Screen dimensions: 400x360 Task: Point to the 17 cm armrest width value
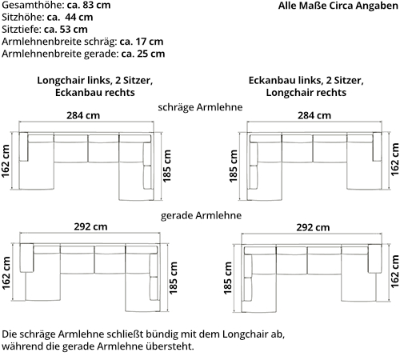149,42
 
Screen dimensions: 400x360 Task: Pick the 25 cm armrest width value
151,54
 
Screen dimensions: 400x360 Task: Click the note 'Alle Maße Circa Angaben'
338,6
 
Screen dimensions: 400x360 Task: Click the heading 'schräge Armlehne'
200,107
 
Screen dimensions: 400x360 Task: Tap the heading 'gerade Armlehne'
201,215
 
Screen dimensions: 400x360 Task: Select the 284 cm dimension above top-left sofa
83,115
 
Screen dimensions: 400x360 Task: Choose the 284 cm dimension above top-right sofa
314,115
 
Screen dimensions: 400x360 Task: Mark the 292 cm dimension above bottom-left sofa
90,226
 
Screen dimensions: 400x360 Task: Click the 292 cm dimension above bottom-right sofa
313,227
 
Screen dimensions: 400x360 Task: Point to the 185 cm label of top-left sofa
166,166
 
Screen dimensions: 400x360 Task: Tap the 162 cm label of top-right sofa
394,159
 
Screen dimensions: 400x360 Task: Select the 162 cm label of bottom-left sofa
6,273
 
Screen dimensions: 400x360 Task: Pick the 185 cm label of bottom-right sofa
228,278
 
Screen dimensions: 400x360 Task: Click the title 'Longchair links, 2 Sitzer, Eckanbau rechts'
95,86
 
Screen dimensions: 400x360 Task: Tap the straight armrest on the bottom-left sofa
26,258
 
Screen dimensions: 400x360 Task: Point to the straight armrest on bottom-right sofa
374,258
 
